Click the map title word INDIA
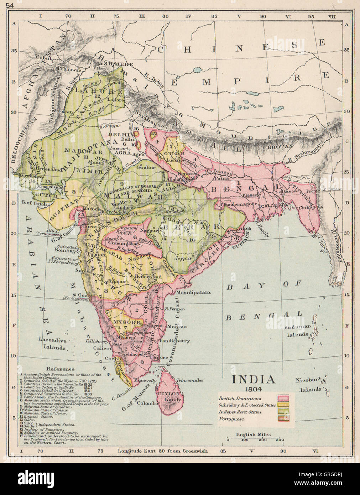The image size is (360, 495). click(254, 379)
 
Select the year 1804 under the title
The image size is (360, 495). click(254, 388)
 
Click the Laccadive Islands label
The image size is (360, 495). click(53, 344)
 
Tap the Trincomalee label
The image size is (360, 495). click(189, 380)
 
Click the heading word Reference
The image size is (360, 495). click(60, 369)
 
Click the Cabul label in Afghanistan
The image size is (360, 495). click(47, 58)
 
